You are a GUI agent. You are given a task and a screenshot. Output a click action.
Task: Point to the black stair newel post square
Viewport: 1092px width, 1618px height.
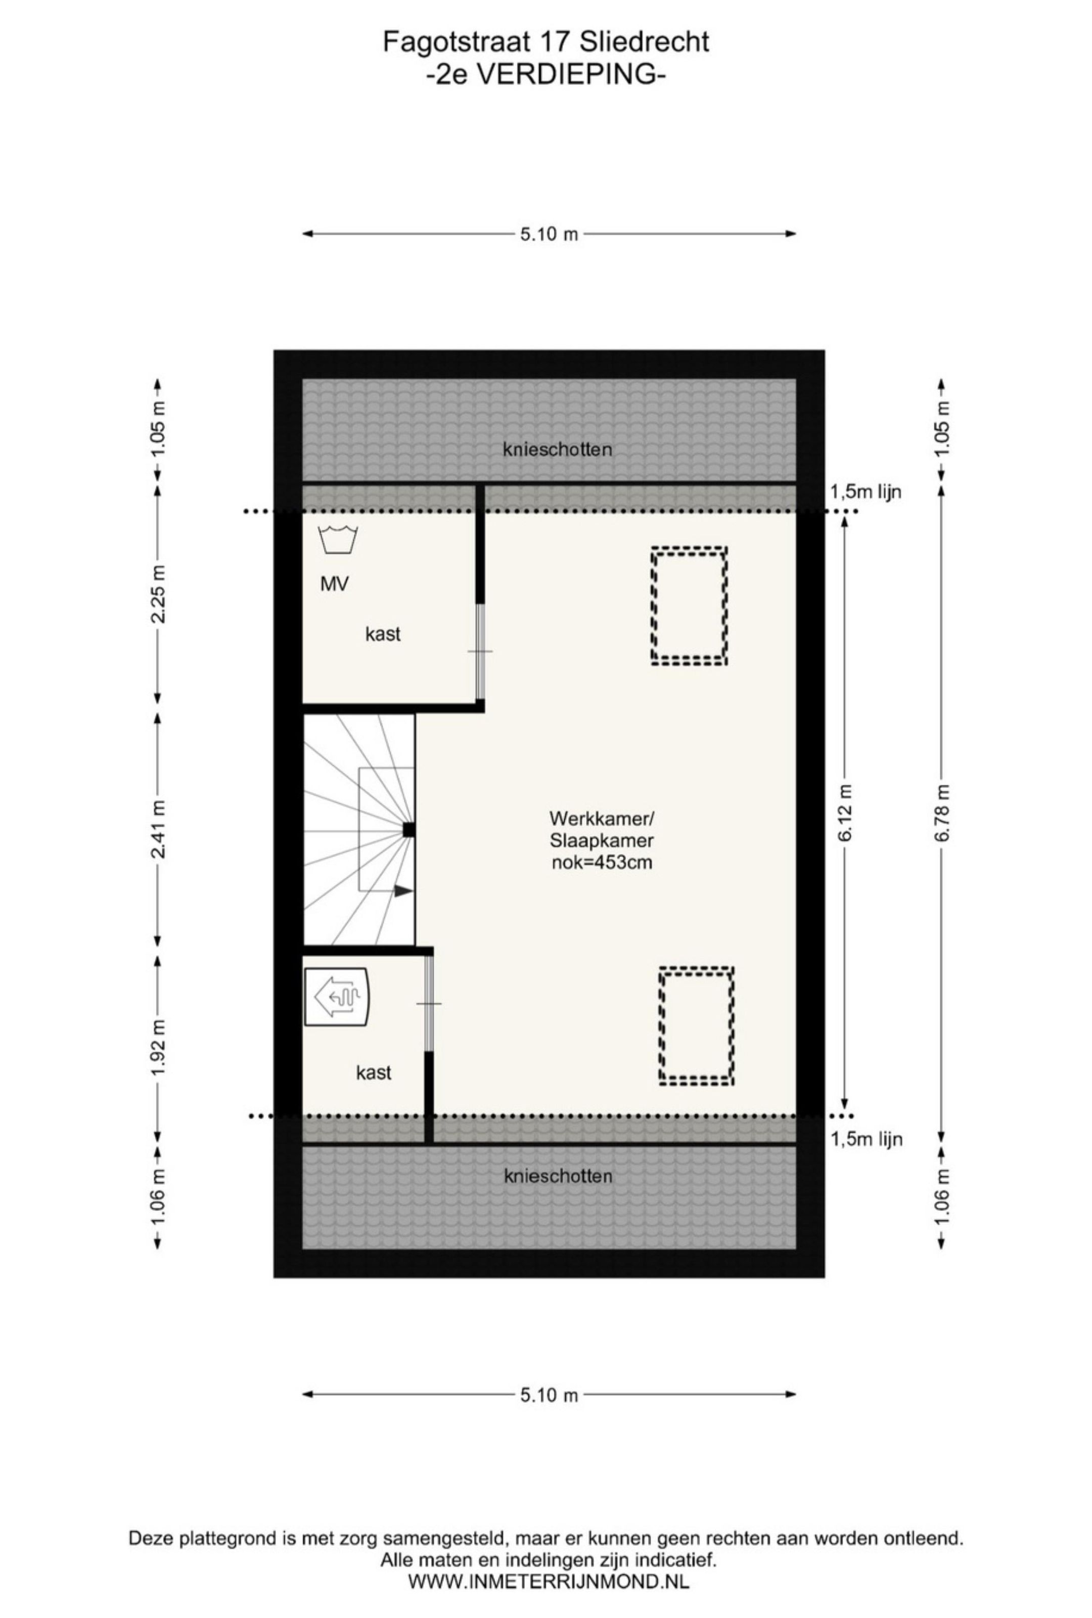pyautogui.click(x=409, y=830)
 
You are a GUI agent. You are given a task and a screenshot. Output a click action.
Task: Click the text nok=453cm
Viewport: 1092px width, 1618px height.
pyautogui.click(x=601, y=863)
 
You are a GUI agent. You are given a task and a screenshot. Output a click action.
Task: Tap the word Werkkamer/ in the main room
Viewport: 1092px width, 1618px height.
pyautogui.click(x=601, y=817)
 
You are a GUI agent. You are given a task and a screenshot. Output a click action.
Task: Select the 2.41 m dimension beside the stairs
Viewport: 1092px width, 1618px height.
pyautogui.click(x=159, y=830)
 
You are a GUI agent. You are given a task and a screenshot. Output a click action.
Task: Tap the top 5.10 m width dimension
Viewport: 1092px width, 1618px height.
pyautogui.click(x=549, y=234)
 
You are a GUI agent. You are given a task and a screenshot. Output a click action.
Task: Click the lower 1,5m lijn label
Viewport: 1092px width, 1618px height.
pyautogui.click(x=866, y=1139)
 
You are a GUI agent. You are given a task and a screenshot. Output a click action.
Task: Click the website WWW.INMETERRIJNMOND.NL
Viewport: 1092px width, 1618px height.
pyautogui.click(x=549, y=1581)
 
